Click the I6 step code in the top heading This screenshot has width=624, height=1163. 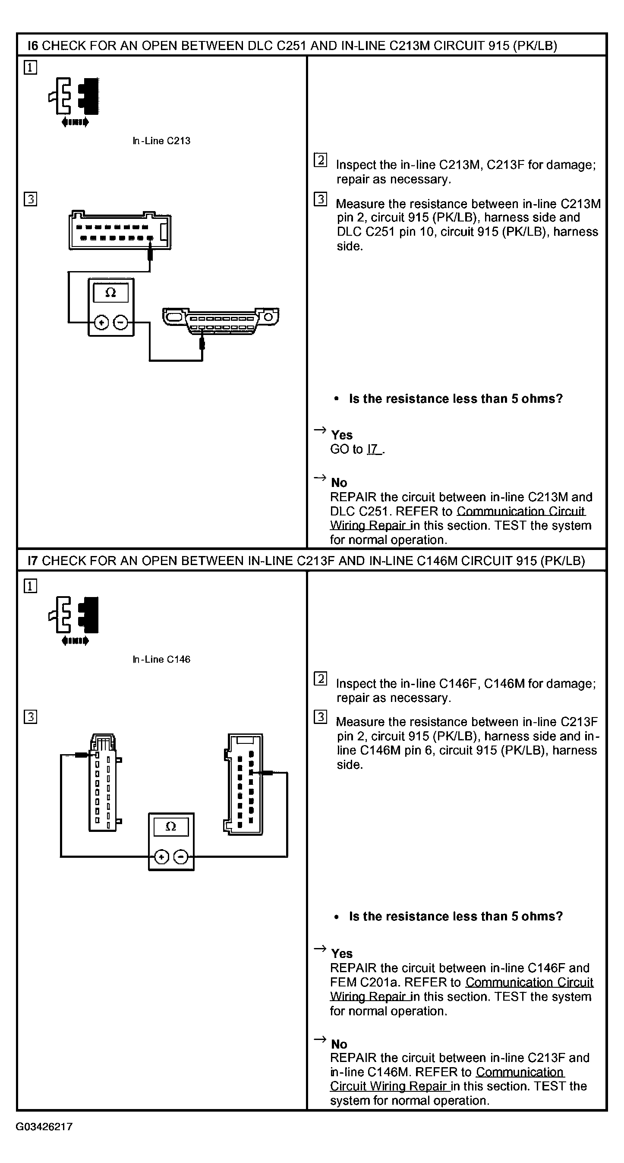click(x=32, y=46)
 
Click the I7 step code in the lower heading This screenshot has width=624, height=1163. click(x=32, y=561)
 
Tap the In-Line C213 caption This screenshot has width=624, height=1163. click(x=161, y=141)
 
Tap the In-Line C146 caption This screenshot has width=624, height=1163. click(x=161, y=659)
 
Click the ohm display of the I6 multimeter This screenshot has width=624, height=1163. click(x=110, y=293)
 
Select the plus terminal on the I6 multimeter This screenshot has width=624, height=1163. click(x=101, y=322)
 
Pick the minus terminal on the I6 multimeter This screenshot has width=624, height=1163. click(x=120, y=322)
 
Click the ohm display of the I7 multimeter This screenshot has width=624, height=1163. click(x=170, y=827)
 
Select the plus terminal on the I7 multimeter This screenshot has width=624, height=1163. click(x=161, y=856)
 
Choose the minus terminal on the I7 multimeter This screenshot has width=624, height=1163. click(x=181, y=856)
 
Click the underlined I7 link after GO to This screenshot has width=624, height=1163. click(x=374, y=449)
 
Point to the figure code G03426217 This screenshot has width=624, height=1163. click(x=44, y=1126)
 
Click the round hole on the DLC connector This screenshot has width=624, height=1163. click(x=268, y=316)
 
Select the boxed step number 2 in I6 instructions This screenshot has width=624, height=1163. click(x=320, y=160)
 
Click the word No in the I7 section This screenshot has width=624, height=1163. click(x=339, y=1044)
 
